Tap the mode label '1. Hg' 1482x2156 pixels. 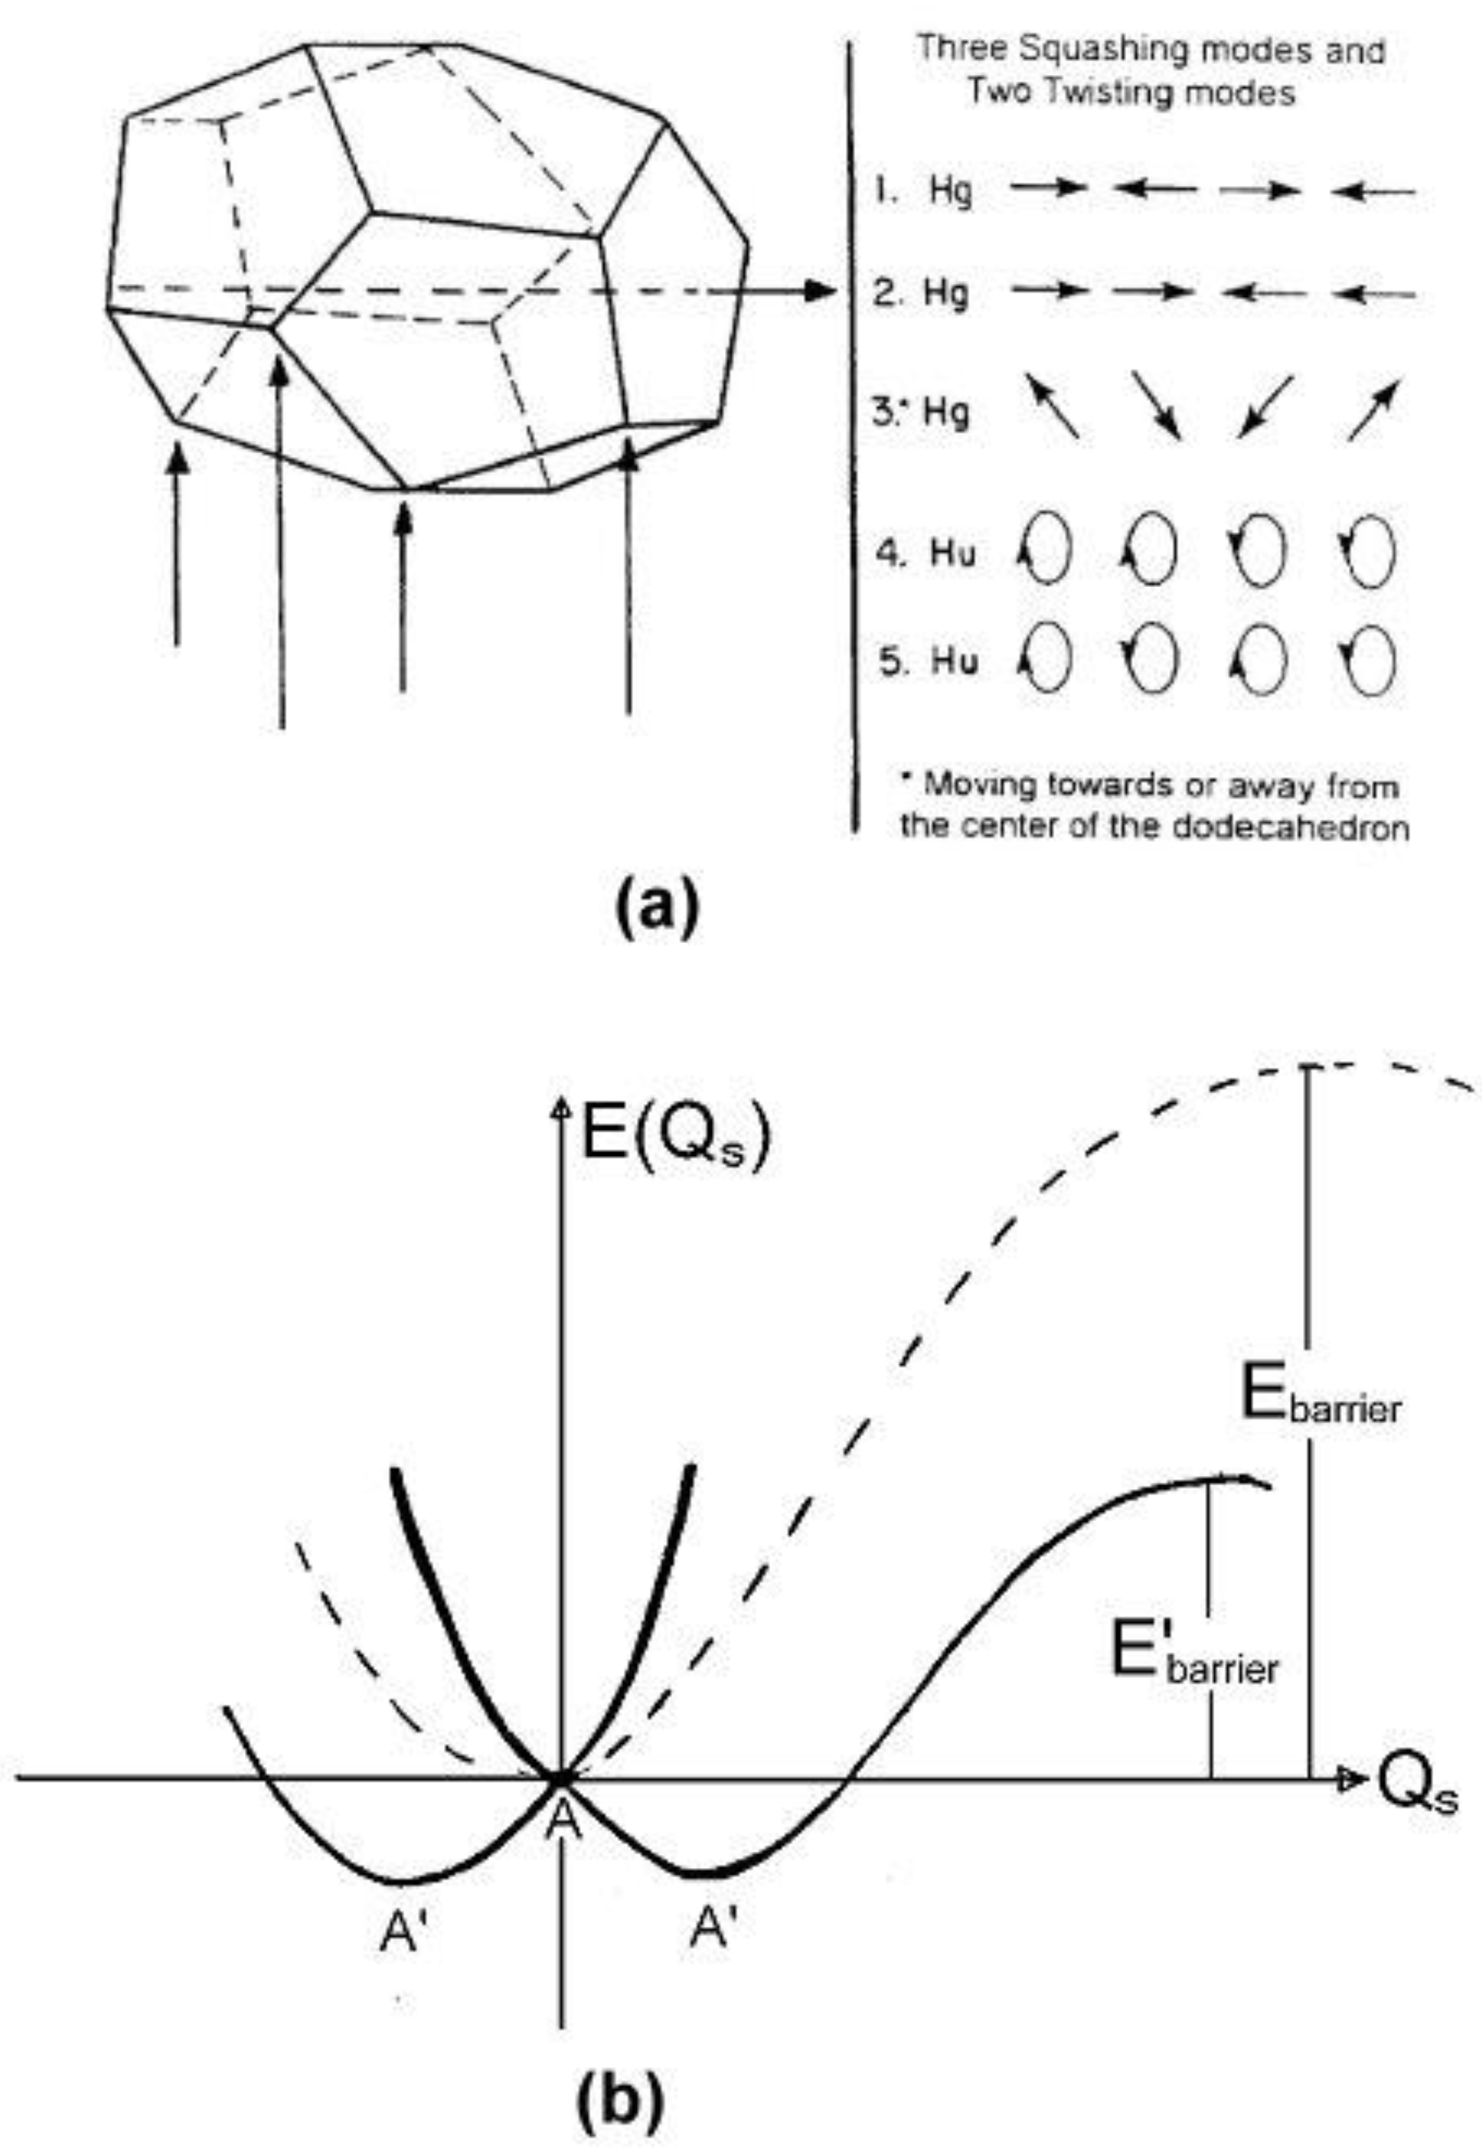922,192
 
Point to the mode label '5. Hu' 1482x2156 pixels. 928,662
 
